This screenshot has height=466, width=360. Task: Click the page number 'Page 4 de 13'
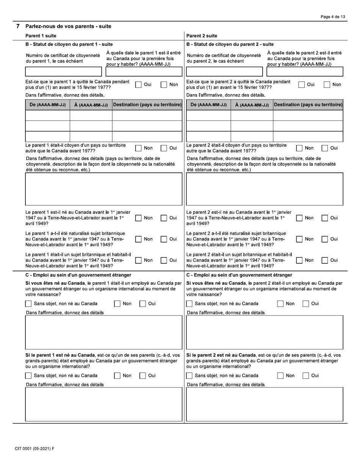pyautogui.click(x=333, y=17)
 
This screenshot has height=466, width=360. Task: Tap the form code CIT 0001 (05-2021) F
pyautogui.click(x=34, y=449)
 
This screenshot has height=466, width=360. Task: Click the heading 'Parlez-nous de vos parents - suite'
pyautogui.click(x=68, y=27)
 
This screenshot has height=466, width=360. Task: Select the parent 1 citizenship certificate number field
pyautogui.click(x=63, y=72)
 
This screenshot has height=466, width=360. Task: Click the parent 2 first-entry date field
pyautogui.click(x=305, y=72)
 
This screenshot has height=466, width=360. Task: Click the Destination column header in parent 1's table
pyautogui.click(x=147, y=105)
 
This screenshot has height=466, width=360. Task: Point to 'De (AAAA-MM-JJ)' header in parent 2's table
pyautogui.click(x=208, y=105)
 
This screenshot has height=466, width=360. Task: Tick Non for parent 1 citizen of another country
pyautogui.click(x=139, y=148)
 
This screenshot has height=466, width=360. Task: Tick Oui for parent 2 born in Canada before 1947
pyautogui.click(x=325, y=218)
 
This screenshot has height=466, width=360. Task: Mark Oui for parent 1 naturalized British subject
pyautogui.click(x=164, y=239)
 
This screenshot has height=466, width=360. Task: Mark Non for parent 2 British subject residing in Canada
pyautogui.click(x=299, y=260)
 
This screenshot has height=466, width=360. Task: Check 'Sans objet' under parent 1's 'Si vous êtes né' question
pyautogui.click(x=28, y=304)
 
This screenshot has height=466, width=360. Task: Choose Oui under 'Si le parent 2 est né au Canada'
pyautogui.click(x=305, y=376)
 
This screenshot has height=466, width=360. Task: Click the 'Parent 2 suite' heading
pyautogui.click(x=202, y=36)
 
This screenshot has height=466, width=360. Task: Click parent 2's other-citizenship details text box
pyautogui.click(x=265, y=189)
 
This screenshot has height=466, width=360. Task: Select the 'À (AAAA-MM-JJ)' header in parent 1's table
pyautogui.click(x=91, y=105)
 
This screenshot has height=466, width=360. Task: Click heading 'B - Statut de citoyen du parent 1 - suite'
pyautogui.click(x=69, y=44)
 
